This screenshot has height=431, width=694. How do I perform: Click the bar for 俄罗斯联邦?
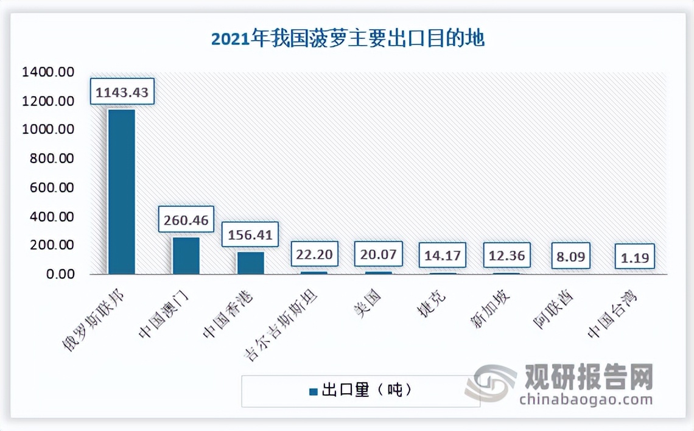coord(121,191)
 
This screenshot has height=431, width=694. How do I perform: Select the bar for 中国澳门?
coord(186,256)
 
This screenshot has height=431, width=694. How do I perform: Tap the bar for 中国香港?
coord(250,263)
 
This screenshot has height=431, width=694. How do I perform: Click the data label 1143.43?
coord(122,92)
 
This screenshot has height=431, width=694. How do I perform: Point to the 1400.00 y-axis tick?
coord(48,72)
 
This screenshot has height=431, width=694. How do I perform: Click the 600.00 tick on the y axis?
coord(52,187)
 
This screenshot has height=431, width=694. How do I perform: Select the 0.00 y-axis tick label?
coord(59,274)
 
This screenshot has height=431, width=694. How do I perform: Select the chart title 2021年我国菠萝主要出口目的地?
coord(348,40)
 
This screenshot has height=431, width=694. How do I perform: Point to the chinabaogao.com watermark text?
coord(585,399)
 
